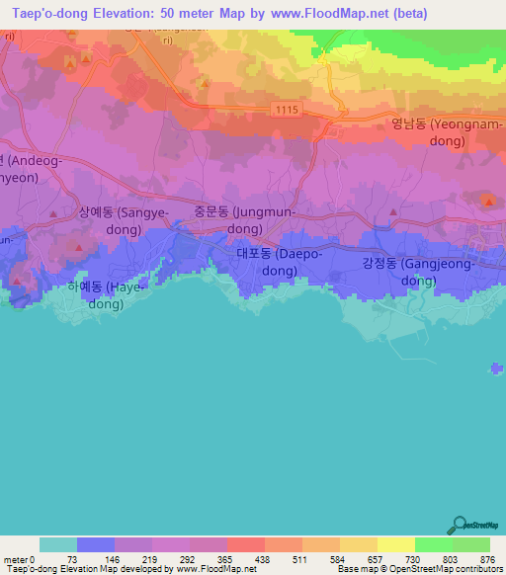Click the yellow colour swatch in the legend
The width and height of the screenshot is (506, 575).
click(x=395, y=544)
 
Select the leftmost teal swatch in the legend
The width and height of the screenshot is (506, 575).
click(x=57, y=544)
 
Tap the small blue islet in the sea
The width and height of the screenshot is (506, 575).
click(x=495, y=370)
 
